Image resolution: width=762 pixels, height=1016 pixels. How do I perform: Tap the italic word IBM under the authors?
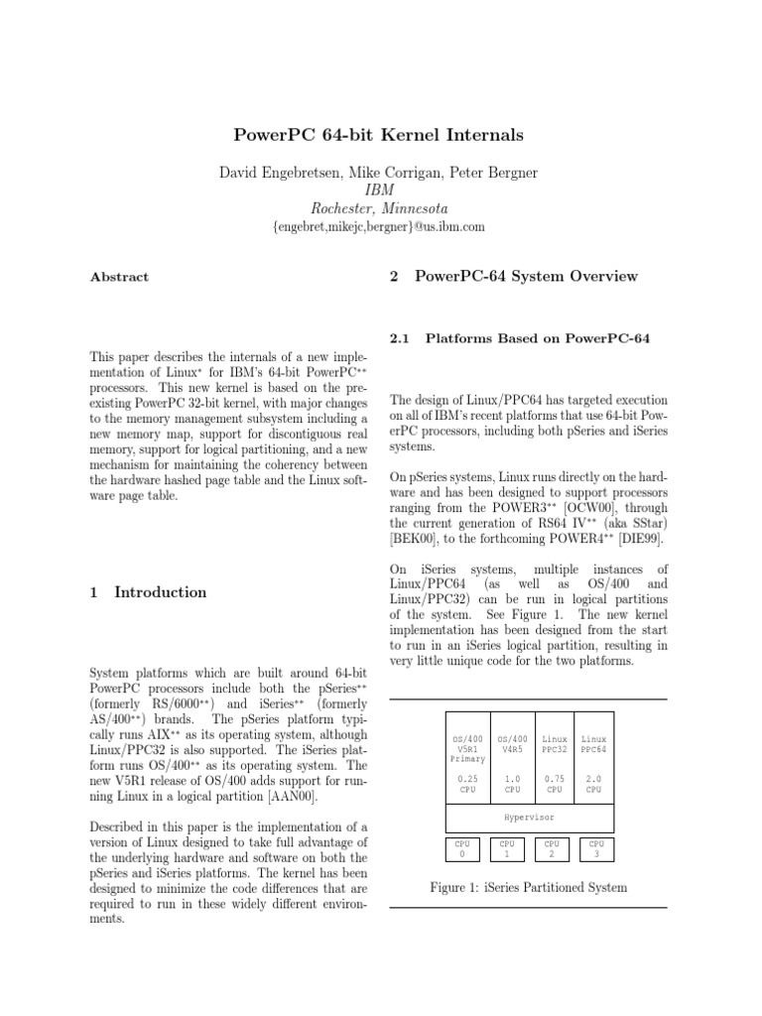point(379,190)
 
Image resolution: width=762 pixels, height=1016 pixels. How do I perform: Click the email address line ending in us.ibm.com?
point(379,227)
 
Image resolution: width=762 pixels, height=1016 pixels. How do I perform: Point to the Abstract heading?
point(118,278)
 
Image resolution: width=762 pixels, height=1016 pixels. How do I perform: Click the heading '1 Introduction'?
point(148,592)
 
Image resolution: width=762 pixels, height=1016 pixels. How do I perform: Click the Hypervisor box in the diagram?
point(528,819)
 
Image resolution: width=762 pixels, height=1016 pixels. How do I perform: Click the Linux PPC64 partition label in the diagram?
point(593,744)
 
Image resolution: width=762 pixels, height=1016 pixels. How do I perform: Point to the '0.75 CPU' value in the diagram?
point(554,784)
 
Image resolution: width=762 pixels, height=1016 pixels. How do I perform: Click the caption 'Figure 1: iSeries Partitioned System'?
point(528,886)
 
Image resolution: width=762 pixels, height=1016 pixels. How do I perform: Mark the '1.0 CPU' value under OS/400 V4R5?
point(512,784)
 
